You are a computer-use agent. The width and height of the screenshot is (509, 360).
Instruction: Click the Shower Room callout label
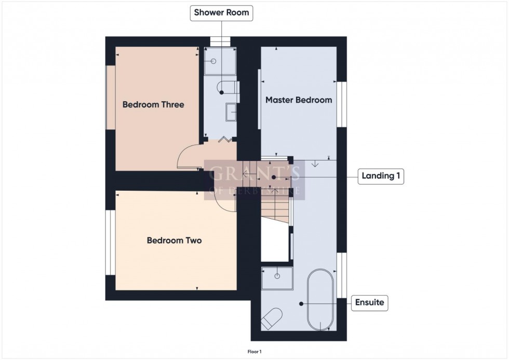(x=221, y=13)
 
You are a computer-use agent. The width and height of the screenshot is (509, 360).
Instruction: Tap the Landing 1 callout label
(x=381, y=176)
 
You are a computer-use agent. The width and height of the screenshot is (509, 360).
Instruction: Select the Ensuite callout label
(x=370, y=302)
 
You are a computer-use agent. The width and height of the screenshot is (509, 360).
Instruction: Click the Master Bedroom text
(x=299, y=100)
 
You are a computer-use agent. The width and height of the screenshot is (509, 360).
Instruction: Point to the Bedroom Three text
(x=153, y=104)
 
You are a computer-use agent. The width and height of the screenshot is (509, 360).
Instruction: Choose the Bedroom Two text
(x=175, y=241)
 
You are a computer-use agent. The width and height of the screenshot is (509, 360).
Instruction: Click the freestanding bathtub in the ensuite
(x=320, y=299)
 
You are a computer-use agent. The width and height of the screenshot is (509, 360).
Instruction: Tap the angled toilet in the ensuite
(x=272, y=318)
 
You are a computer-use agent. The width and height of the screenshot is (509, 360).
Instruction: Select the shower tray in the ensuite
(x=277, y=278)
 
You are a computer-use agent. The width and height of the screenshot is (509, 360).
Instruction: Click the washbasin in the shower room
(x=232, y=112)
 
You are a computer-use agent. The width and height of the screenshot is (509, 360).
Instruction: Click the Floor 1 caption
(x=254, y=352)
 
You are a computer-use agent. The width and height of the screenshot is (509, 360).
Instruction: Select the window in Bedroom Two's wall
(x=110, y=243)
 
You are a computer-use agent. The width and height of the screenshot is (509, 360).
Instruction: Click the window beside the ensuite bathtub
(x=341, y=275)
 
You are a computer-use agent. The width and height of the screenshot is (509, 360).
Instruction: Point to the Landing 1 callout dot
(x=274, y=177)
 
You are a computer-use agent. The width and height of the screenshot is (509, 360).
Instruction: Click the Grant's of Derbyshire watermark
(x=254, y=180)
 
